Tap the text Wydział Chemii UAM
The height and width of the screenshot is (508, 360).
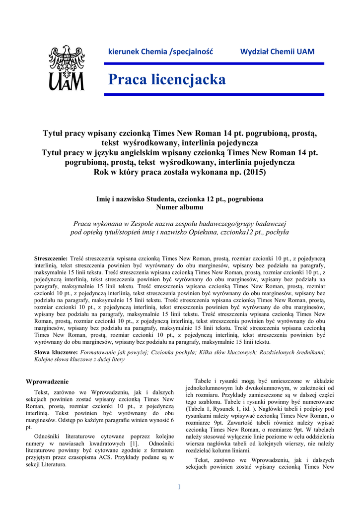(277, 52)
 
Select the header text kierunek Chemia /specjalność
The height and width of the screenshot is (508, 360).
(160, 52)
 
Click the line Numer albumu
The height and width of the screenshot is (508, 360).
(180, 207)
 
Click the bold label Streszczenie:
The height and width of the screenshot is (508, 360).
(51, 258)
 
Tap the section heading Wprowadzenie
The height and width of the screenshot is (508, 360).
(47, 381)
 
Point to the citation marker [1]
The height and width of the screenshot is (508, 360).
(134, 443)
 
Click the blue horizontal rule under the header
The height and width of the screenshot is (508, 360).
(216, 63)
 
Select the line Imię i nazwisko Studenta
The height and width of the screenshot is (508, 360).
(180, 199)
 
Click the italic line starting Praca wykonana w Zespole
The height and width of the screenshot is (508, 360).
(180, 223)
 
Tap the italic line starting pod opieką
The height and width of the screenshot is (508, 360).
(180, 232)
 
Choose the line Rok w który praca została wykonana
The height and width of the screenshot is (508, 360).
(180, 173)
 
